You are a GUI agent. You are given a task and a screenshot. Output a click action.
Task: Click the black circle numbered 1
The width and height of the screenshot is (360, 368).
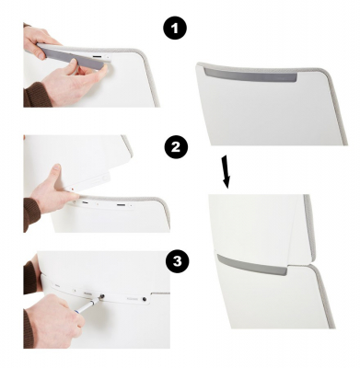[175, 29]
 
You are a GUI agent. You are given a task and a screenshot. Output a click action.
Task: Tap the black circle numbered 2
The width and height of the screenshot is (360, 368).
[176, 147]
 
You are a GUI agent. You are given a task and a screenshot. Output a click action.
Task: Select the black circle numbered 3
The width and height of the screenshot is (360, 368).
[178, 261]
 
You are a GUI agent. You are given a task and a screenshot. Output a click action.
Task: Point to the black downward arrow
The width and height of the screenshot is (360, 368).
[226, 172]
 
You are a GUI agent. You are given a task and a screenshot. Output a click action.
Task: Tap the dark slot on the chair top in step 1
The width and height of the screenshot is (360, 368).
[98, 57]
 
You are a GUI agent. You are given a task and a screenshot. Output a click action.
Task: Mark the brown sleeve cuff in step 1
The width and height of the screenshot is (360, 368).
[36, 95]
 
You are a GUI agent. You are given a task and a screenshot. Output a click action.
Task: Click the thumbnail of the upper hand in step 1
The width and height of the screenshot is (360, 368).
[41, 57]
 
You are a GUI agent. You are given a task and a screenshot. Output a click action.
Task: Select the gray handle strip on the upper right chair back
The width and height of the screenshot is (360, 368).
[250, 75]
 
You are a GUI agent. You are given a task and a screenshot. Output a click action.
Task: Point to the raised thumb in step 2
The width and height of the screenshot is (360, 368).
[56, 173]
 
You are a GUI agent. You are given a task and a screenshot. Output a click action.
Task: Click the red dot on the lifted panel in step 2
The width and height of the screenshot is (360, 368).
[72, 190]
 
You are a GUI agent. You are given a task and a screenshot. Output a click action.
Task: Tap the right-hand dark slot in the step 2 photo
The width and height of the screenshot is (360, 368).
[122, 204]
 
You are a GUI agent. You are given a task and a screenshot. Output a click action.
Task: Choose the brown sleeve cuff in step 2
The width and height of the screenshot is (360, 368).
[31, 214]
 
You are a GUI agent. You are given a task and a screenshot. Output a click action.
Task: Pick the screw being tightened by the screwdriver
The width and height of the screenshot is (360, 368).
[101, 296]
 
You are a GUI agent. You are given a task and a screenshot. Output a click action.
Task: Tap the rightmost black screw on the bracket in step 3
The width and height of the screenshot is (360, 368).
[144, 299]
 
